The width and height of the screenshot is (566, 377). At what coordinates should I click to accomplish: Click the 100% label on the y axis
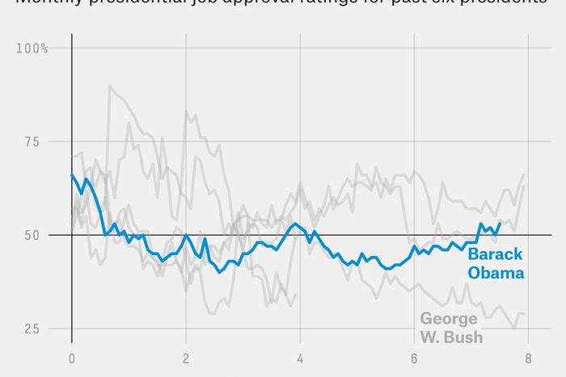[x=32, y=48]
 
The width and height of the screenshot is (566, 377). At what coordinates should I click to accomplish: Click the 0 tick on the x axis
[x=72, y=359]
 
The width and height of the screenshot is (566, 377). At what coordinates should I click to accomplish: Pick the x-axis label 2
[x=186, y=359]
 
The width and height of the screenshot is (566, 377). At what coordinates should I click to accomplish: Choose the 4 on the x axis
[x=300, y=359]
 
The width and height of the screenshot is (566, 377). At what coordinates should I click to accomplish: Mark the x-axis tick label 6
[x=414, y=359]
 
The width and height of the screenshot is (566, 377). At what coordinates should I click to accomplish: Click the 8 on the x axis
[x=528, y=359]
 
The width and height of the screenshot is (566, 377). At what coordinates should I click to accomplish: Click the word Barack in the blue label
[x=495, y=255]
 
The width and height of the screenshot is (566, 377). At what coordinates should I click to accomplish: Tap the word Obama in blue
[x=495, y=273]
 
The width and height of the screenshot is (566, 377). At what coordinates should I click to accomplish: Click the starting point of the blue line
[x=72, y=174]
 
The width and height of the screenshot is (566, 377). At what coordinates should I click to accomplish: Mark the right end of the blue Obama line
[x=501, y=223]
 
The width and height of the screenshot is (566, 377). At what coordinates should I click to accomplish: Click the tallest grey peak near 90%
[x=110, y=86]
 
